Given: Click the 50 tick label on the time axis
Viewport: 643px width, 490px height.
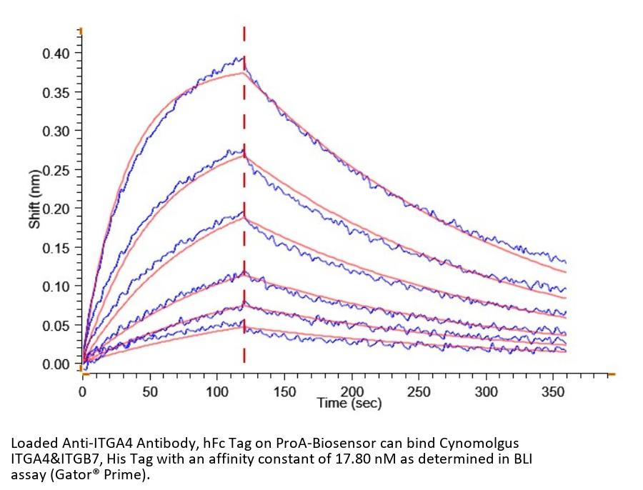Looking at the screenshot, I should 149,391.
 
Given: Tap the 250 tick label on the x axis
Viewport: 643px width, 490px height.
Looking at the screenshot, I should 419,391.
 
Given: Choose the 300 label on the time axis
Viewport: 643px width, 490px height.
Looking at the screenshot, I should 486,391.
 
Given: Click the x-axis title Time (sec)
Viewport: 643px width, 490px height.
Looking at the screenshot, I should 349,404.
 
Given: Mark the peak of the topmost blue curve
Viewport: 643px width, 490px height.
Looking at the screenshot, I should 241,58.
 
